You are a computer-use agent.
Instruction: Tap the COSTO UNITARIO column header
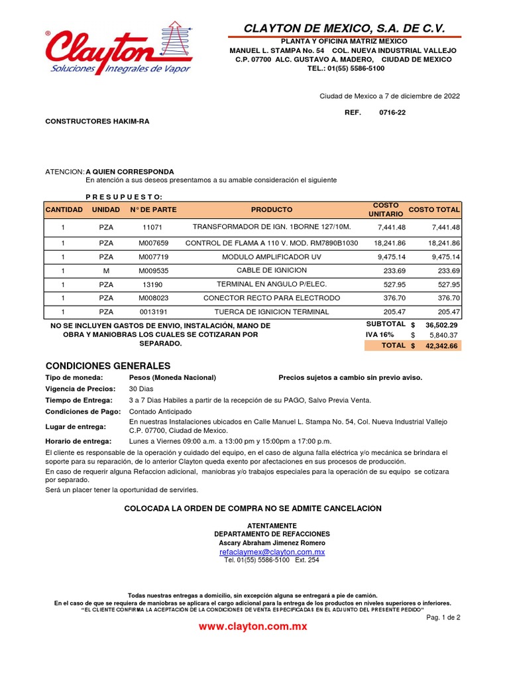385,210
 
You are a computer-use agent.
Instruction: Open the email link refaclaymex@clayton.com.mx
272,552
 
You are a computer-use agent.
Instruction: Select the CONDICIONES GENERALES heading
107,366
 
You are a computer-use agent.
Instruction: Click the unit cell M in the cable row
106,271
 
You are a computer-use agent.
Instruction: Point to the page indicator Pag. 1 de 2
443,616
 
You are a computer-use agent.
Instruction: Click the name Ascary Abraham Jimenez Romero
272,542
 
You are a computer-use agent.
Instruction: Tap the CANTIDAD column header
64,210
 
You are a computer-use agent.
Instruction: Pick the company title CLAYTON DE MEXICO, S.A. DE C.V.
344,28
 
